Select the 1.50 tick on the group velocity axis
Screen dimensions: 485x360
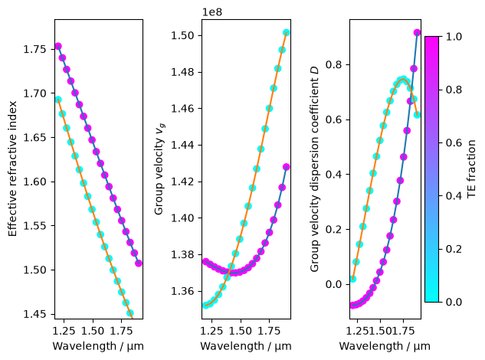click(182, 35)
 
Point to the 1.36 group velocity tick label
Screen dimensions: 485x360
click(182, 291)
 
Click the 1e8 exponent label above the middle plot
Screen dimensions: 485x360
click(212, 12)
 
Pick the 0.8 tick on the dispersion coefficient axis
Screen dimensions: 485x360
click(333, 64)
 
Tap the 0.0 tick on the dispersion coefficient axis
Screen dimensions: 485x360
click(333, 284)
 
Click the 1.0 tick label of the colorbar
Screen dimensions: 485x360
click(454, 37)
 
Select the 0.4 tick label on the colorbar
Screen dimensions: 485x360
click(454, 196)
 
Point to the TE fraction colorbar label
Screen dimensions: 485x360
click(471, 169)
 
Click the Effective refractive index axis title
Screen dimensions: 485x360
click(12, 169)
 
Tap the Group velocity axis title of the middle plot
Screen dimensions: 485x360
click(159, 169)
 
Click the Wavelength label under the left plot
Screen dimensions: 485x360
click(98, 346)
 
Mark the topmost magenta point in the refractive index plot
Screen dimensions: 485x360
click(58, 47)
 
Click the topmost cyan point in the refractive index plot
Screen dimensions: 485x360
click(58, 100)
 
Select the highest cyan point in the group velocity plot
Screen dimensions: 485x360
click(286, 32)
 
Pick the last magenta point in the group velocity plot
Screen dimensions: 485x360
click(286, 167)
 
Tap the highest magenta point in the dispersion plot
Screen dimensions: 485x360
click(417, 33)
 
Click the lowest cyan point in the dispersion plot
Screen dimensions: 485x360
click(353, 279)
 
